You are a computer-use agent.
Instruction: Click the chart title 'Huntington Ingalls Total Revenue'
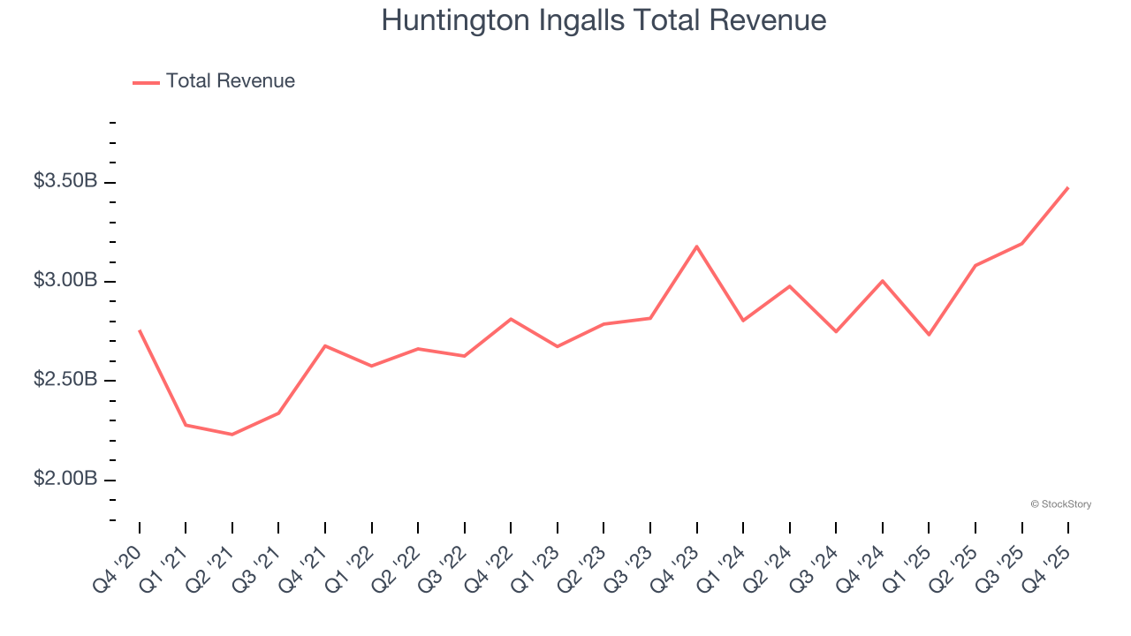603,20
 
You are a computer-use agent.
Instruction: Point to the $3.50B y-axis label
65,181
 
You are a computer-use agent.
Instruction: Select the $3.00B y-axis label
65,280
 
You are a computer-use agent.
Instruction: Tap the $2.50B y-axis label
65,380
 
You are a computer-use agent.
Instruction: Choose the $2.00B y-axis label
65,479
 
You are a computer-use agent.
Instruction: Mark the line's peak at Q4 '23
696,246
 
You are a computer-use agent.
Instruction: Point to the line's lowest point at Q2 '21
232,435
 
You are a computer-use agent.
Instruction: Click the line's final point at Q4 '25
1067,188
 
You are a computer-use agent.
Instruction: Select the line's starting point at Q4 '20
140,330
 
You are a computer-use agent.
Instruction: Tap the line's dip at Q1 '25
929,335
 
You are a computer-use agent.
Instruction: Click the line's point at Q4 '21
325,346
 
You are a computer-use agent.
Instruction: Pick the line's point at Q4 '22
511,319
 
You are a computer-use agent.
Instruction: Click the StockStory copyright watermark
1060,504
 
